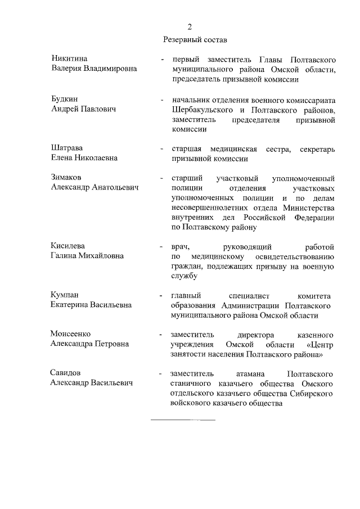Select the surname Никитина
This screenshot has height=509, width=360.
69,59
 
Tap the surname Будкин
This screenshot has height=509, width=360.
65,98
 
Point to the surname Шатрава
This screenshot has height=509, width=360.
67,148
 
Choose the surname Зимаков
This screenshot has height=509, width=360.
66,178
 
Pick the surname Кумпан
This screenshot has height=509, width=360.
65,295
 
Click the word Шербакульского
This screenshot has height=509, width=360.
200,109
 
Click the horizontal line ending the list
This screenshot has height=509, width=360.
183,420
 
